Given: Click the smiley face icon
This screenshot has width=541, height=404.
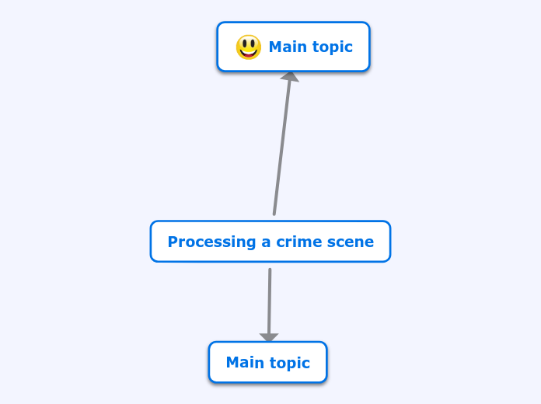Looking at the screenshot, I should (249, 47).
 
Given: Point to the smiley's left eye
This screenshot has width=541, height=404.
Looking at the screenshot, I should (244, 44).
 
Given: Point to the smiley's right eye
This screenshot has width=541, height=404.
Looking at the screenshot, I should (253, 44).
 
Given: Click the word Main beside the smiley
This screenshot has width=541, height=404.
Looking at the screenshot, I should (287, 47).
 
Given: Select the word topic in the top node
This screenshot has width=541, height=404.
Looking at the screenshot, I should (332, 47).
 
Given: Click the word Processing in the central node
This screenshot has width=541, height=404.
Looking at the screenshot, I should (212, 242).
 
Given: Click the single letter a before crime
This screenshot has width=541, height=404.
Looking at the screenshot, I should (267, 242).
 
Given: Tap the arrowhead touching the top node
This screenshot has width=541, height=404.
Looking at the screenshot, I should (290, 76).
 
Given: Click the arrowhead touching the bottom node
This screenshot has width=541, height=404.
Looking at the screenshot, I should (269, 338).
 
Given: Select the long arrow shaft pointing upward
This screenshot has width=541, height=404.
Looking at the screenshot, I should (282, 148).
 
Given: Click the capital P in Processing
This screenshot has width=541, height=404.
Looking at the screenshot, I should (173, 242).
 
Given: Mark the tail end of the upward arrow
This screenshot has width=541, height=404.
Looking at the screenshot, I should (274, 214).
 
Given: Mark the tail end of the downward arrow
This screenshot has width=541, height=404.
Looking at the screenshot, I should (270, 270).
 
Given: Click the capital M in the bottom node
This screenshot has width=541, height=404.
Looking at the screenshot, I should (232, 363).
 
